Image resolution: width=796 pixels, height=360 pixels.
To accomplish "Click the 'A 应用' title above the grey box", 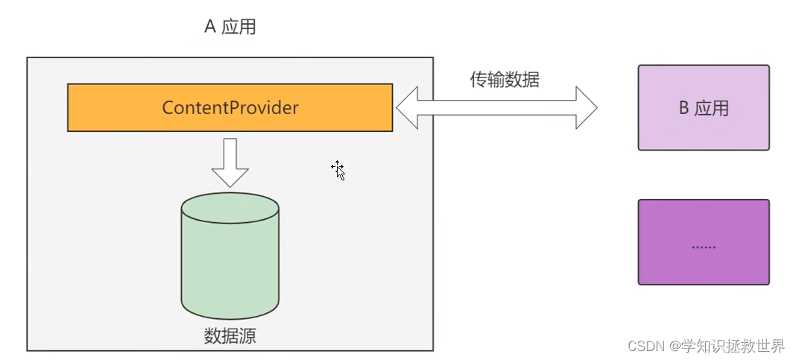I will (230, 28).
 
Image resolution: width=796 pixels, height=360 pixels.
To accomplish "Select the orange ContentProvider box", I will (230, 107).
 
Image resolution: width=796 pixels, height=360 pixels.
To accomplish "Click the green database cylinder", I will (230, 257).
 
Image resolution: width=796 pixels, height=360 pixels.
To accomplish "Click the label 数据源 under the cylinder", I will (230, 335).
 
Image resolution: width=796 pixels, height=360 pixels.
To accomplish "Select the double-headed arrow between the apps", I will (496, 109).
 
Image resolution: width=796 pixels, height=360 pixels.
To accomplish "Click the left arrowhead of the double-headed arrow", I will (407, 109).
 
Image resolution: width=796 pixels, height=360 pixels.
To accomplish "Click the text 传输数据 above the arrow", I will (504, 80).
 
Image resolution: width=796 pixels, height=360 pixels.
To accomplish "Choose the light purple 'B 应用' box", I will (703, 107).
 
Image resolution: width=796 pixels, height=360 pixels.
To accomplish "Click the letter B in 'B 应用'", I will (683, 108).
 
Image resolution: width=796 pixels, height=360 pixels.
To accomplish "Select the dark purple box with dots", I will (703, 241).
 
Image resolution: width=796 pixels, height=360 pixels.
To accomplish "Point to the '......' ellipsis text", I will (703, 246).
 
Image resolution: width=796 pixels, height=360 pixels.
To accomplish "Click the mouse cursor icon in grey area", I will (338, 170).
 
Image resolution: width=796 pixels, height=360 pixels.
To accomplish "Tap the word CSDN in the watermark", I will (646, 346).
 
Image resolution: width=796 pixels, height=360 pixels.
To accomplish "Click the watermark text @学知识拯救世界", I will (727, 346).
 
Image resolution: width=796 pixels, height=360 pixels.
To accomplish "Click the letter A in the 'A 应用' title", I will (210, 28).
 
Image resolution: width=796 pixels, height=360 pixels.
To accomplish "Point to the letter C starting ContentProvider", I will (167, 108).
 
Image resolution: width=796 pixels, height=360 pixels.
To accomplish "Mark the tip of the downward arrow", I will (230, 186).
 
